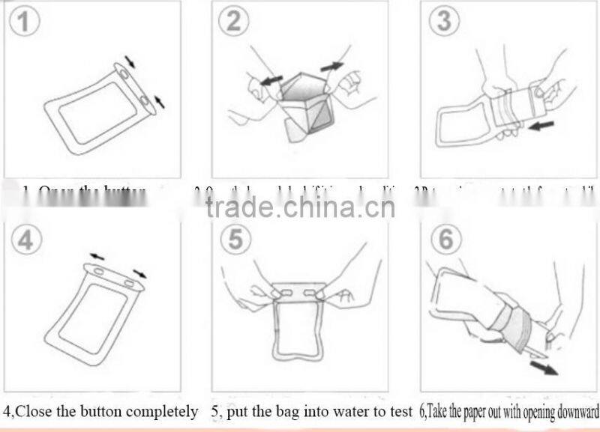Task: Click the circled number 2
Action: [235, 22]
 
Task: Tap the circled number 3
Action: [445, 22]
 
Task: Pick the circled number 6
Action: [445, 240]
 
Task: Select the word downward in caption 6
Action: [578, 411]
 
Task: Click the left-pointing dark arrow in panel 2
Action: [271, 77]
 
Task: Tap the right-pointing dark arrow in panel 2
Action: [331, 67]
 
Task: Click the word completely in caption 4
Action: [162, 411]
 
